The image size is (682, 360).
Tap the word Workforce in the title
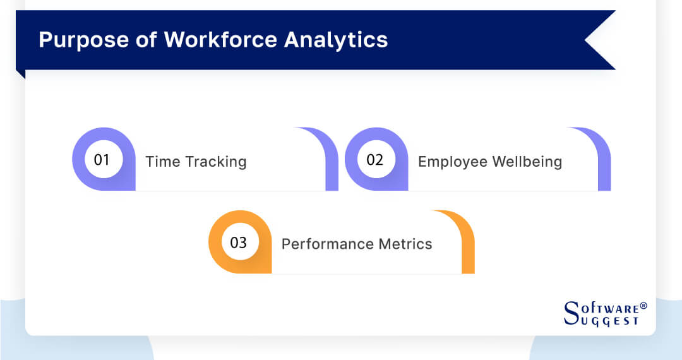[x=220, y=40]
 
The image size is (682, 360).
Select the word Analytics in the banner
[x=336, y=40]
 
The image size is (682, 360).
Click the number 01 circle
[x=102, y=160]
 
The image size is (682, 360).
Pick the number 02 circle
[x=375, y=160]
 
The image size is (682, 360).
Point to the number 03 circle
[x=239, y=243]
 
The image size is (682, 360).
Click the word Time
[x=163, y=162]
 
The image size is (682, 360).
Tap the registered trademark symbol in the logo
[x=643, y=306]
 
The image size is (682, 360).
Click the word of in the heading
[x=145, y=40]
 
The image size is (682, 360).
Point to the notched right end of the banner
[x=600, y=40]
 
